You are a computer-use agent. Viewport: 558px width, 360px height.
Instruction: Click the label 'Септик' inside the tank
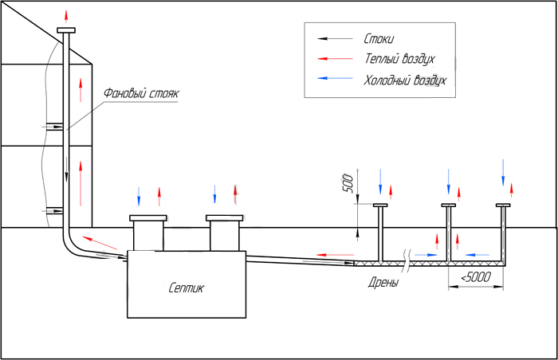click(186, 288)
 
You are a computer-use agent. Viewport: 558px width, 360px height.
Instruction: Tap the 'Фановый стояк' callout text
click(141, 93)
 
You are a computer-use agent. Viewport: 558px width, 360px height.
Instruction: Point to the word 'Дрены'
click(383, 283)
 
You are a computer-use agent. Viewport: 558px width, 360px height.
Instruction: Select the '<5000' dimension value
click(476, 276)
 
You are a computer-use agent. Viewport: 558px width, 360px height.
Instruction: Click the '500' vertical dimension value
click(348, 183)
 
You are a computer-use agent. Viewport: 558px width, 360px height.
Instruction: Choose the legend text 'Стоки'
click(379, 38)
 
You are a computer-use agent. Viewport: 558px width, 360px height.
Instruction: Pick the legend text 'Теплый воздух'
click(399, 59)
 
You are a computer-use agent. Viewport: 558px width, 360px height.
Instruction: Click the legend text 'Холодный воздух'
click(405, 80)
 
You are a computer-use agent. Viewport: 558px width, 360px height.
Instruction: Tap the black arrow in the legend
click(335, 38)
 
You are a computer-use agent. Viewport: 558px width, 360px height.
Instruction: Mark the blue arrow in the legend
click(335, 78)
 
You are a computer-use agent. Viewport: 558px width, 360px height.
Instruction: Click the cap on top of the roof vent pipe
click(66, 30)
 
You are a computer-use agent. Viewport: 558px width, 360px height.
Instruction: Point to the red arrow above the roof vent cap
click(66, 17)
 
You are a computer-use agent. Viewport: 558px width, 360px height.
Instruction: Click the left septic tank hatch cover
click(148, 217)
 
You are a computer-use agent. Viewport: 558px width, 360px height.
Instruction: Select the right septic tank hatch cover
click(225, 217)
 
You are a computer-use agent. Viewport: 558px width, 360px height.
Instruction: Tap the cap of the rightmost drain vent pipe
click(503, 205)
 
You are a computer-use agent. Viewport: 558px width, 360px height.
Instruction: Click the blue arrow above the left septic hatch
click(139, 197)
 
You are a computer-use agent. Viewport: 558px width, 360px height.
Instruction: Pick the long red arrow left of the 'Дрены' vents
click(336, 255)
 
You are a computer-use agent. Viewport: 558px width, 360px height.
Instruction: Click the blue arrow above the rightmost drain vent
click(503, 173)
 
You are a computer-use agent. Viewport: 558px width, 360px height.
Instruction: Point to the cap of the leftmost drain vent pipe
click(380, 205)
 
